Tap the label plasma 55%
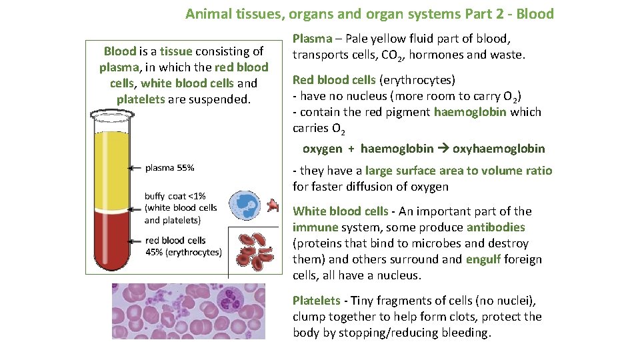pos(169,168)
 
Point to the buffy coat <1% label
pos(175,196)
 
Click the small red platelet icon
pos(273,205)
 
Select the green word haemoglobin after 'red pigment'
pos(470,112)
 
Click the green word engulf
pos(484,259)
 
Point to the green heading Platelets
pos(316,301)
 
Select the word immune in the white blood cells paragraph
pos(315,227)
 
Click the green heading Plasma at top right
pos(312,39)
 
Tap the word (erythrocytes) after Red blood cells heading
pos(417,80)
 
